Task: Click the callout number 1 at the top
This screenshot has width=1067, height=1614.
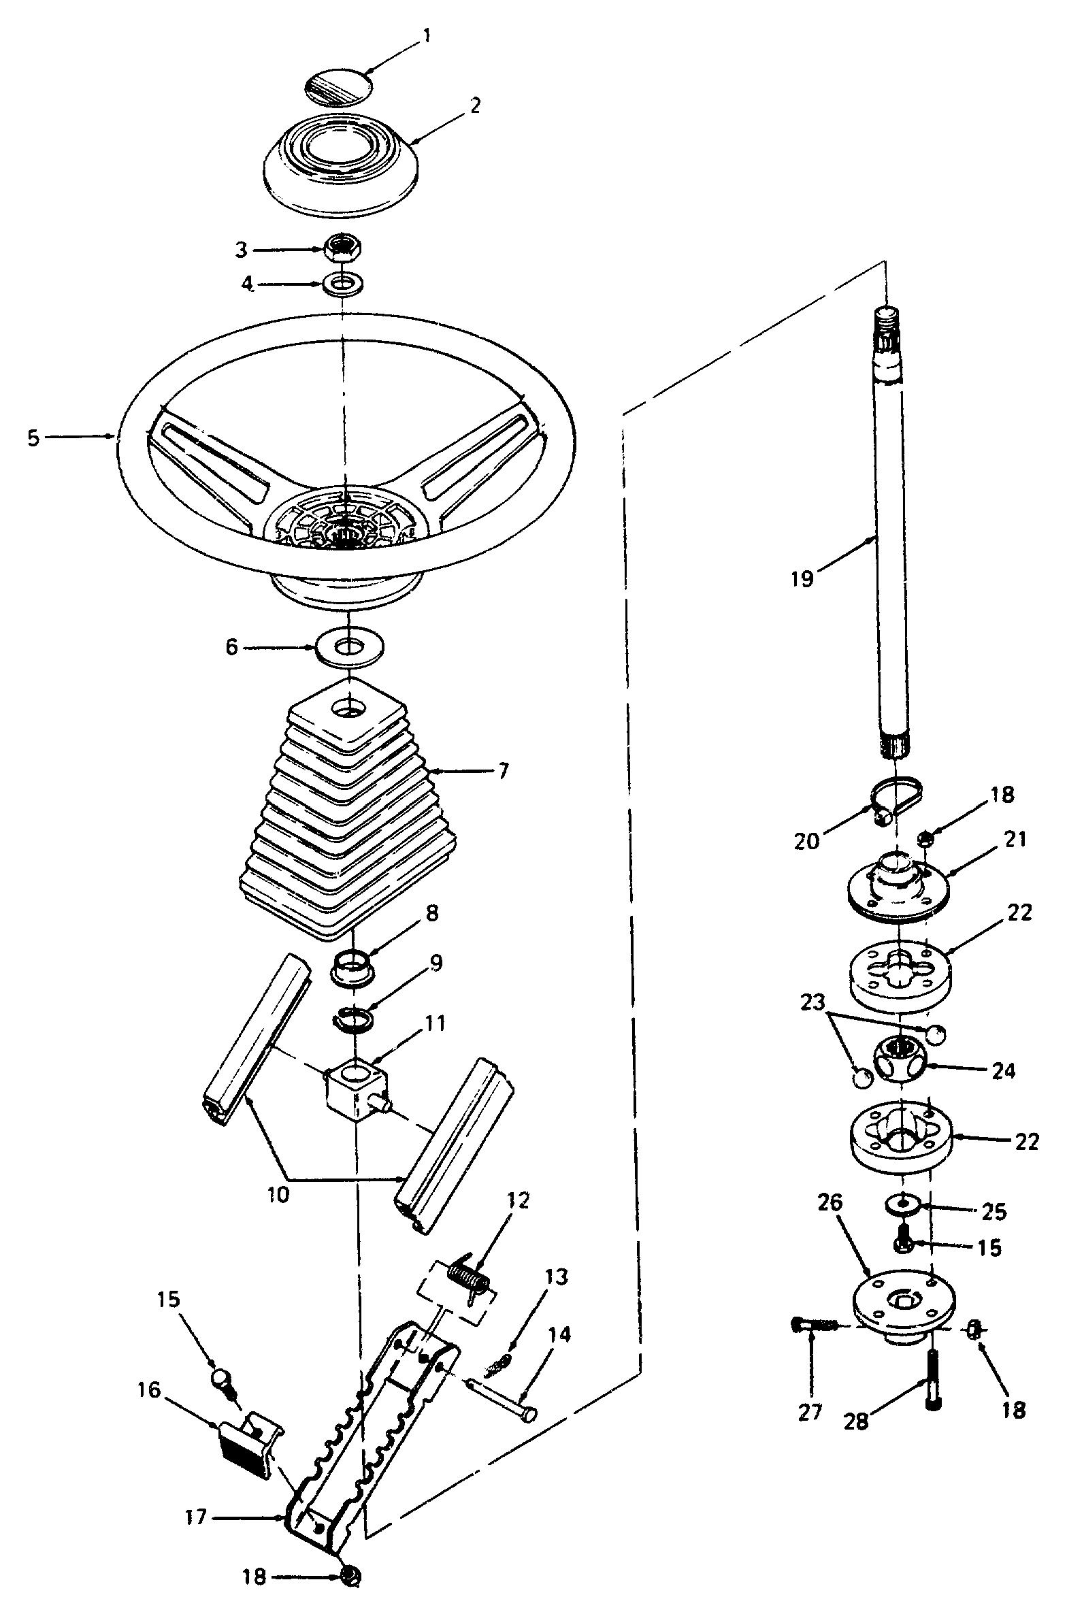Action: [427, 35]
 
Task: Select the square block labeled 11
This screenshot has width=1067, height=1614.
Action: [355, 1091]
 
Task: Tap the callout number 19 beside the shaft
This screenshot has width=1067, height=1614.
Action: [802, 579]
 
